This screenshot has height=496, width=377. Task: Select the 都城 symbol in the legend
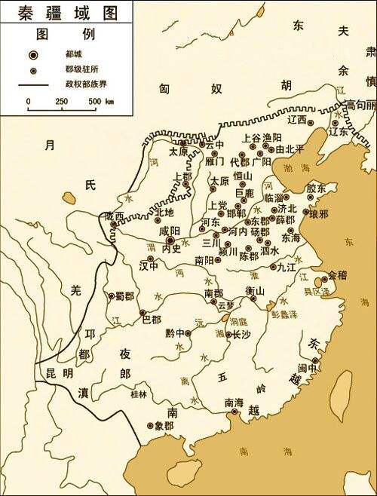[x=34, y=56]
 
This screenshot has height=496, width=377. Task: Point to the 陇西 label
[x=115, y=216]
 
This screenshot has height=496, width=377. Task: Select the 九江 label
[x=287, y=266]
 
